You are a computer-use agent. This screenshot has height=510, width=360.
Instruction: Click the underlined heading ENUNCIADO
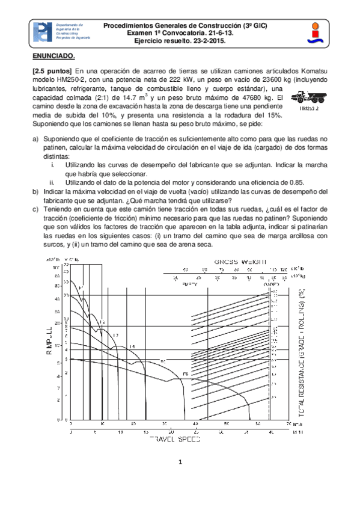pyautogui.click(x=53, y=56)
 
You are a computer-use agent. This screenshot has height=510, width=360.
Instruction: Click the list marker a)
pyautogui.click(x=35, y=139)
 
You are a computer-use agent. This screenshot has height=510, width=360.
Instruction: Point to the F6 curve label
pyautogui.click(x=185, y=375)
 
